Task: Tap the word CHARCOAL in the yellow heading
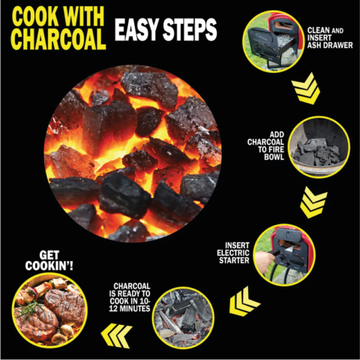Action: click(x=58, y=39)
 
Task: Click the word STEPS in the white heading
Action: click(x=190, y=29)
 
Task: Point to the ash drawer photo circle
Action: click(x=273, y=41)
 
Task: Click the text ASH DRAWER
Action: click(x=330, y=45)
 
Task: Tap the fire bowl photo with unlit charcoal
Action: click(x=319, y=147)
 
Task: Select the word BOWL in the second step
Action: click(x=274, y=157)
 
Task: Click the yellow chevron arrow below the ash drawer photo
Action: click(x=306, y=88)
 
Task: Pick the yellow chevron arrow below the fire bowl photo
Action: click(x=313, y=202)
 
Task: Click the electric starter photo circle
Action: click(x=284, y=255)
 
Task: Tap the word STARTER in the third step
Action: click(x=234, y=260)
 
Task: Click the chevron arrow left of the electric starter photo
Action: click(x=244, y=301)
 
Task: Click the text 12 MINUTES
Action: click(x=130, y=309)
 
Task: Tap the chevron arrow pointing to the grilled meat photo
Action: click(x=116, y=335)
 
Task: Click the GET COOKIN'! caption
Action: click(x=49, y=261)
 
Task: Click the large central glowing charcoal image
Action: click(x=133, y=154)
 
